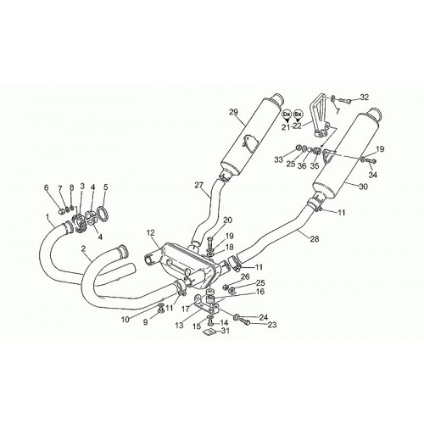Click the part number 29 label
tap(234, 112)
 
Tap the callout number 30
tap(364, 187)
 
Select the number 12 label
tap(151, 233)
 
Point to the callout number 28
tap(315, 239)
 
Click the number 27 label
tap(198, 185)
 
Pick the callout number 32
tap(365, 97)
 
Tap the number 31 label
tap(226, 331)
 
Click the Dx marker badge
tap(287, 115)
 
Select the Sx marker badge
tap(298, 115)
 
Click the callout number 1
tap(47, 217)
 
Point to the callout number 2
tap(83, 248)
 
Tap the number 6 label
tap(47, 187)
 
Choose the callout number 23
tap(272, 325)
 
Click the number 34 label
tap(373, 176)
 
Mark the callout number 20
tap(227, 220)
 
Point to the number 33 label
tap(278, 159)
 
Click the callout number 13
tap(179, 326)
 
